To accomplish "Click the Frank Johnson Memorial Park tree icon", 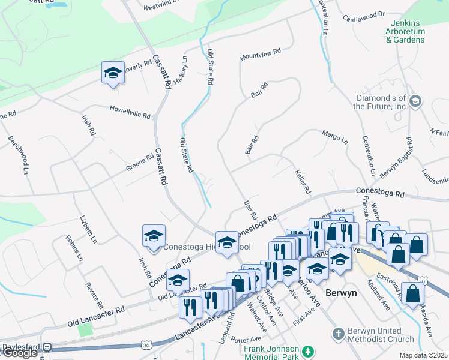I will [308, 350].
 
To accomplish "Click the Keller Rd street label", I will [302, 181].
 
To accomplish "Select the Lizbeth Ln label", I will [88, 230].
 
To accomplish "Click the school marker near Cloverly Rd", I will [113, 73].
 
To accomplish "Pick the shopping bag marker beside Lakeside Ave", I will [413, 293].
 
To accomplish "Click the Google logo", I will [19, 353].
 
